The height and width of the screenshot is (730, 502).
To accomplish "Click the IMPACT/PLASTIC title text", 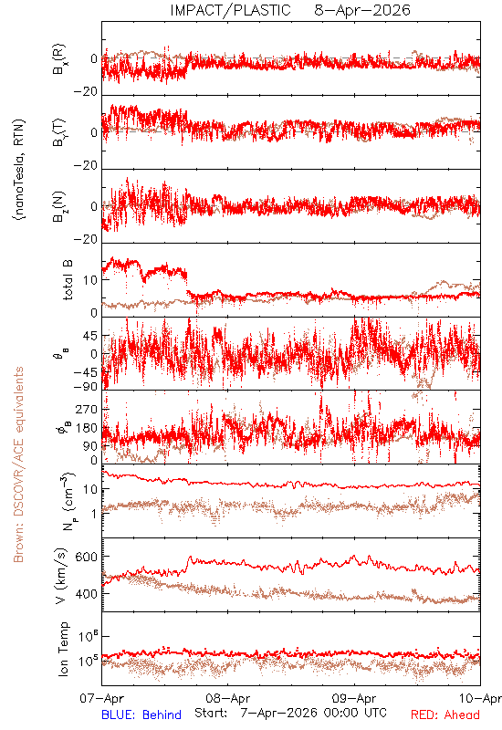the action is (x=230, y=10).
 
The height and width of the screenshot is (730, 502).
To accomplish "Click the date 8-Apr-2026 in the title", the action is (x=362, y=10).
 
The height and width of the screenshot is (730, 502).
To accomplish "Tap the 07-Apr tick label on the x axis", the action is (x=101, y=698).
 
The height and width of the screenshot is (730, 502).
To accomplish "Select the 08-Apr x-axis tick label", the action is (x=227, y=698).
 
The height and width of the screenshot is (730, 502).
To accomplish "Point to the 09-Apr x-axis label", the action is (x=354, y=698).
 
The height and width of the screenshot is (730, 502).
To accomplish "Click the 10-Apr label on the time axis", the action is (x=480, y=698).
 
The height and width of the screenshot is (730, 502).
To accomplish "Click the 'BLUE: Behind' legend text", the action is (x=141, y=714).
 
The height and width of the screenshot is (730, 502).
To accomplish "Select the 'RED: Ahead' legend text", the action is (x=444, y=714).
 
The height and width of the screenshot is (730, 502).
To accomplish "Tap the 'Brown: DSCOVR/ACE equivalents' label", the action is (x=18, y=464).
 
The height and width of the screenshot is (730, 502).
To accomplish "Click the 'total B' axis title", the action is (x=67, y=280).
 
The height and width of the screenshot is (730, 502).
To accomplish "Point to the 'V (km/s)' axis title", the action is (x=62, y=576).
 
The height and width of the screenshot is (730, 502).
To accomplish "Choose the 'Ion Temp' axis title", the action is (x=63, y=649).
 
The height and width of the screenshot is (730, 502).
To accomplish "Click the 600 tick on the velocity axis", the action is (x=87, y=557).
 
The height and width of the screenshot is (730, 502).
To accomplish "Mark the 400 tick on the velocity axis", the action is (x=87, y=594).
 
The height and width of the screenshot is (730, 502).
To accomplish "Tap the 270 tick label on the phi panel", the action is (x=87, y=410).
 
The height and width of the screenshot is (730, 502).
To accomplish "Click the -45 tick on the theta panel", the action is (x=86, y=373).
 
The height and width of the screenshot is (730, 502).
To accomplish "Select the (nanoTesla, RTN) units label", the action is (x=19, y=170).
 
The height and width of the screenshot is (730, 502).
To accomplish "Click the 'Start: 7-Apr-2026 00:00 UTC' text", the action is (x=290, y=713).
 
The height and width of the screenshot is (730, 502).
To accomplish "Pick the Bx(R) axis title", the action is (x=59, y=59).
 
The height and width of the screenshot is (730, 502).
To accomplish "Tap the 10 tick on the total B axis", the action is (x=90, y=280).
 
